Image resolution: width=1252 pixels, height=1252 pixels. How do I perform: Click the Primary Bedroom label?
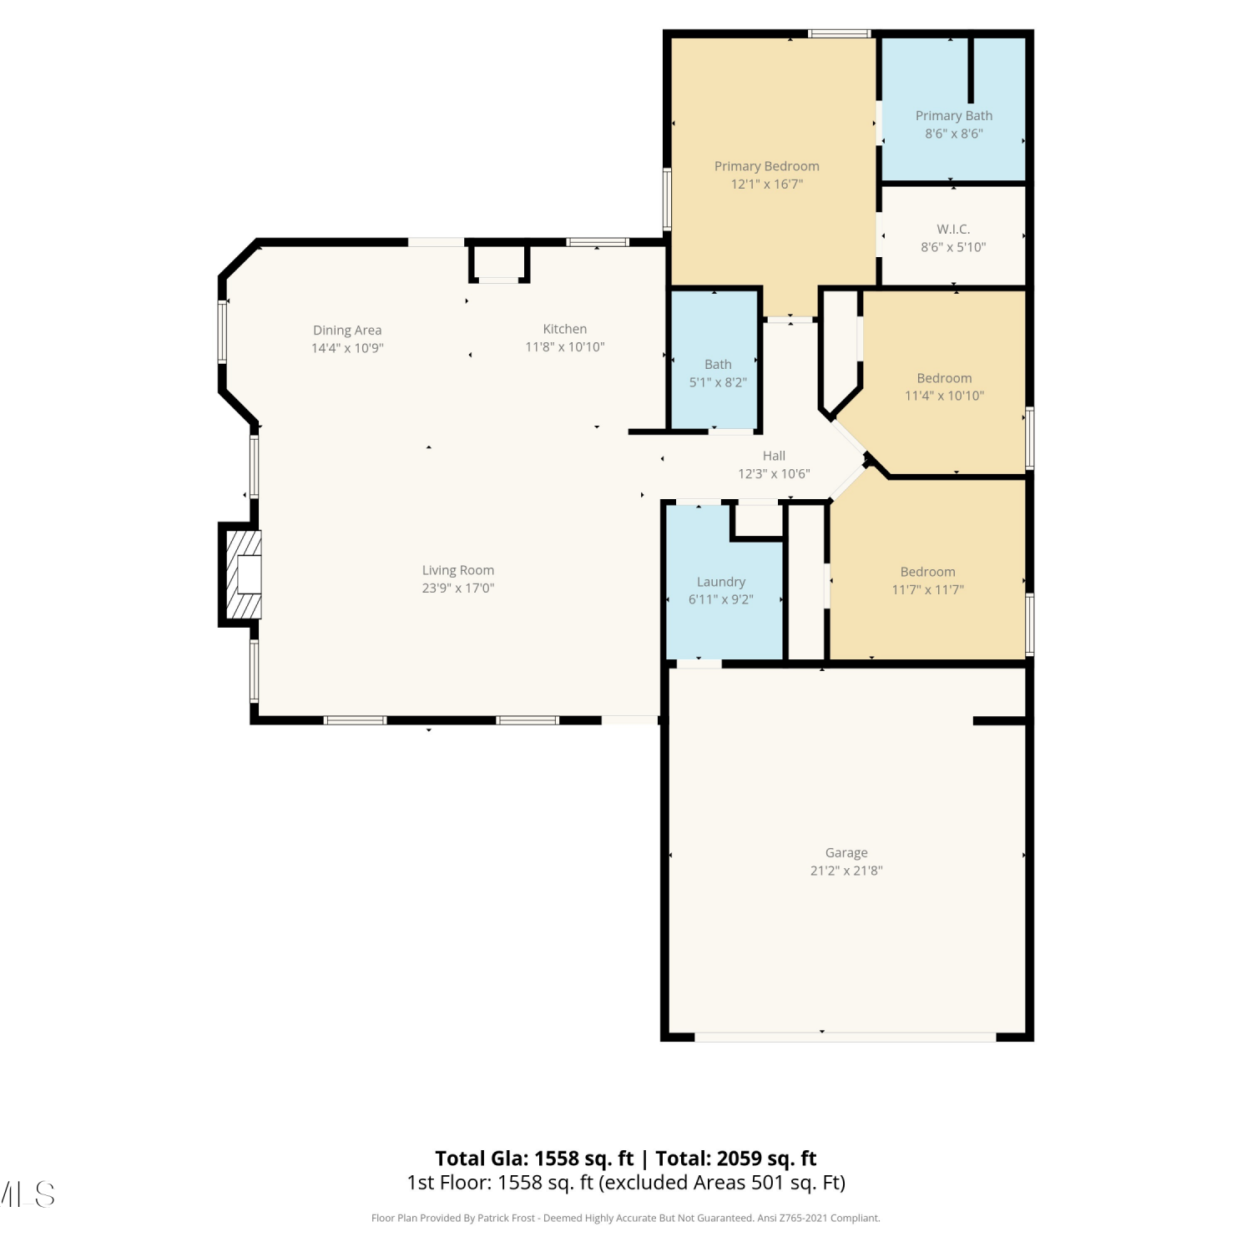pyautogui.click(x=766, y=166)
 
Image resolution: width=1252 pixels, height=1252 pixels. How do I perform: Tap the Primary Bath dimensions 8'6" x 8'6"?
pyautogui.click(x=954, y=134)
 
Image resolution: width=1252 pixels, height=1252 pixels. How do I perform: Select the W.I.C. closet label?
pyautogui.click(x=953, y=229)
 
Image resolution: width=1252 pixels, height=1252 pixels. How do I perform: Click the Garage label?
pyautogui.click(x=846, y=853)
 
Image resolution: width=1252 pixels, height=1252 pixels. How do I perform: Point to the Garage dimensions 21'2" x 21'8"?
pyautogui.click(x=846, y=871)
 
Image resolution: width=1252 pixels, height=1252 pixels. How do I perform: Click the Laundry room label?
pyautogui.click(x=721, y=582)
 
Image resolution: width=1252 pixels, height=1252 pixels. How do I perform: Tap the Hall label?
pyautogui.click(x=774, y=456)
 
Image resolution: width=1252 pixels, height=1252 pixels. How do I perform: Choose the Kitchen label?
pyautogui.click(x=565, y=329)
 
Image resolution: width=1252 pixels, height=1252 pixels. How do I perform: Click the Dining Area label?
pyautogui.click(x=347, y=331)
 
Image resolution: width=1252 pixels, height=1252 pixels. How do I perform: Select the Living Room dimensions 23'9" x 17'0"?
pyautogui.click(x=458, y=588)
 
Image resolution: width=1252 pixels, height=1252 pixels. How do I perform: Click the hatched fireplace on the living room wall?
pyautogui.click(x=241, y=574)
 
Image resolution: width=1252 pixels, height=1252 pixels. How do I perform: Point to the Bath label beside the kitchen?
pyautogui.click(x=718, y=365)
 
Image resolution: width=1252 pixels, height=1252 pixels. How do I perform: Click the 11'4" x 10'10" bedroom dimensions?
pyautogui.click(x=945, y=396)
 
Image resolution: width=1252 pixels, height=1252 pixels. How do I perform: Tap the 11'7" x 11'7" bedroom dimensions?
pyautogui.click(x=928, y=589)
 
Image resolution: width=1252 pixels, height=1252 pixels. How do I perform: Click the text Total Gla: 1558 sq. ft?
pyautogui.click(x=534, y=1159)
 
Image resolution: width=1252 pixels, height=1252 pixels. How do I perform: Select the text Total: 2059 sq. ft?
pyautogui.click(x=736, y=1159)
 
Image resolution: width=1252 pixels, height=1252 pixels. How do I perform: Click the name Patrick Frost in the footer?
pyautogui.click(x=506, y=1219)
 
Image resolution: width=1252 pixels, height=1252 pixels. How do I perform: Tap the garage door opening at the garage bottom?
pyautogui.click(x=846, y=1037)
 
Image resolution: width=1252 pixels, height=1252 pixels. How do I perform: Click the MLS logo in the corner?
pyautogui.click(x=27, y=1194)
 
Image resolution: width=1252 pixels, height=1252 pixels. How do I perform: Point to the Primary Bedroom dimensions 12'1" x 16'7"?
pyautogui.click(x=767, y=184)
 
